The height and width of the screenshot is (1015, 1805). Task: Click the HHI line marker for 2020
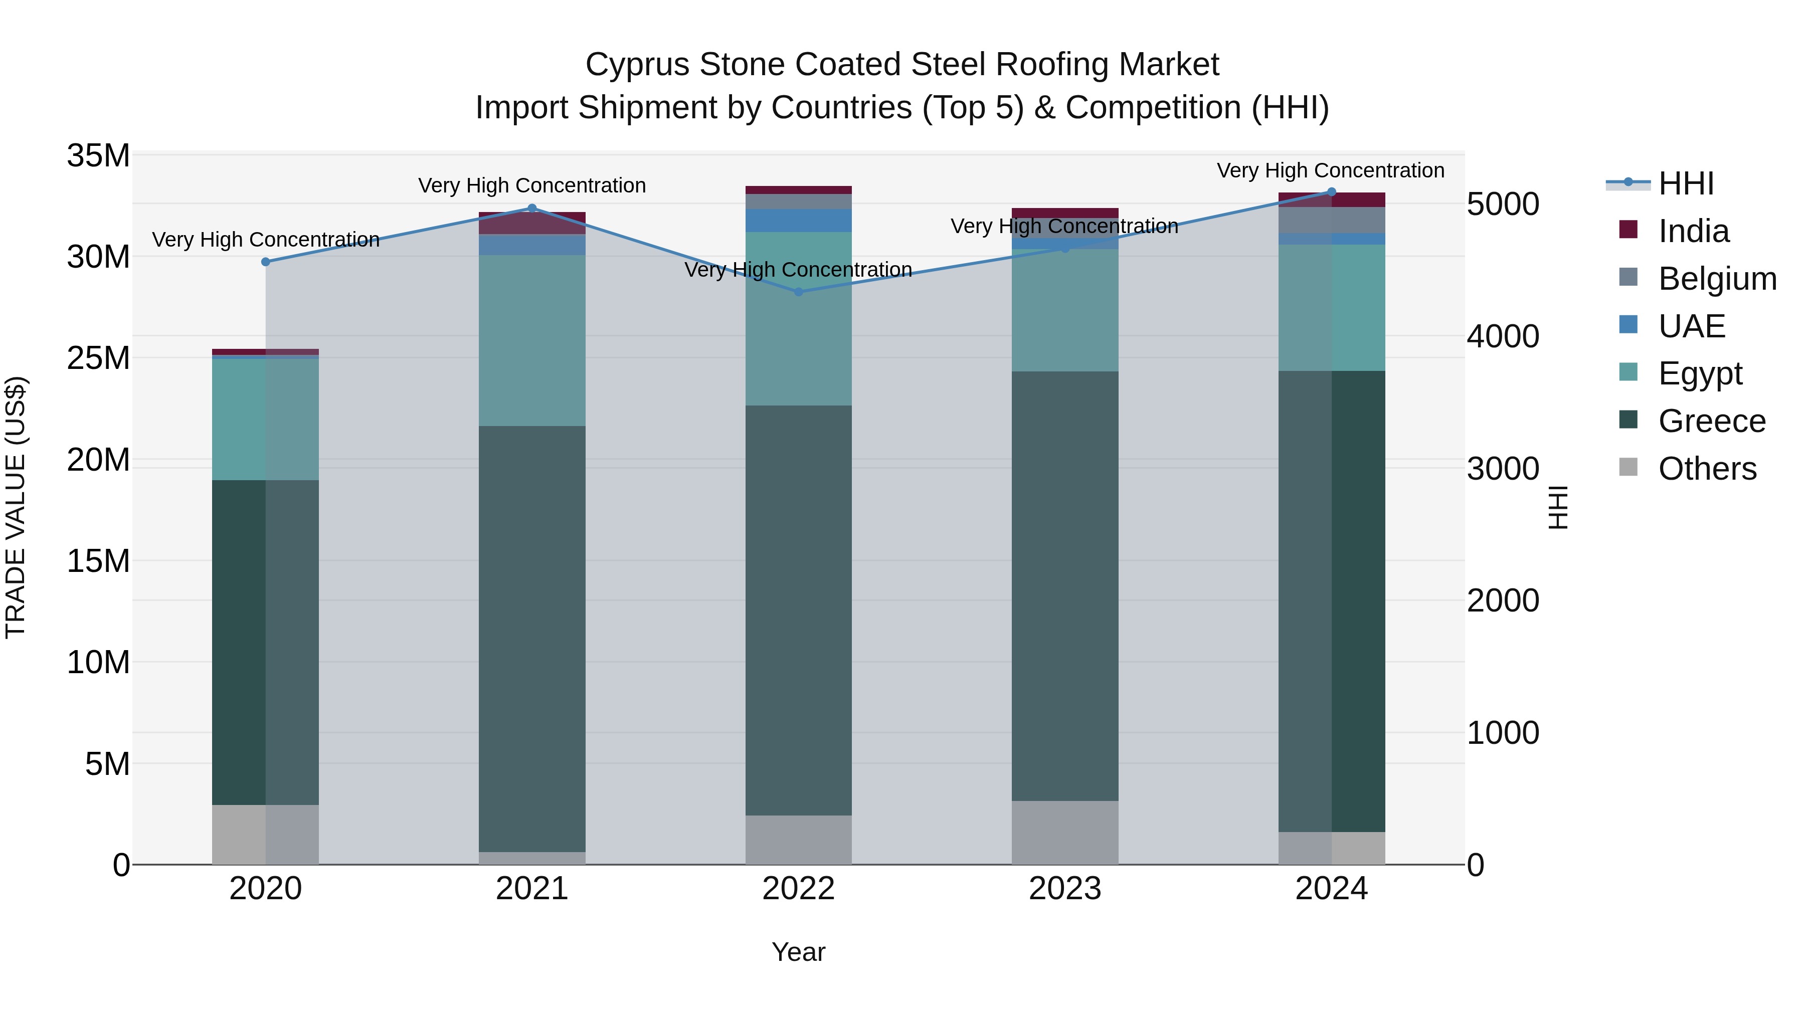tap(266, 262)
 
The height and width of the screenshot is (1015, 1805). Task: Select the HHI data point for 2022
tap(799, 291)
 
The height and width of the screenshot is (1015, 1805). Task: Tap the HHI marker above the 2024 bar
tap(1331, 192)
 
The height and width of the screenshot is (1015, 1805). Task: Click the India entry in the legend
tap(1693, 231)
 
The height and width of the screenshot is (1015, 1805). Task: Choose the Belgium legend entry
tap(1717, 279)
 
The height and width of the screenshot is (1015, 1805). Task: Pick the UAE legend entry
tap(1692, 326)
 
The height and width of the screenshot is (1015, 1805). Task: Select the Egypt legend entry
tap(1700, 373)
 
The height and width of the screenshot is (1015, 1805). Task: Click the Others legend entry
tap(1707, 469)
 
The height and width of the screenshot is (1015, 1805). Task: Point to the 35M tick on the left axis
tap(98, 155)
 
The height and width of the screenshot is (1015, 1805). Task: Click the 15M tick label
tap(98, 561)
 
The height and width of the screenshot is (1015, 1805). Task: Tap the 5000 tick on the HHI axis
tap(1503, 205)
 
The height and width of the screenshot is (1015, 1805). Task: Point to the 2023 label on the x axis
tap(1065, 889)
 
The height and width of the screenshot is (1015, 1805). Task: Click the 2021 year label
tap(532, 889)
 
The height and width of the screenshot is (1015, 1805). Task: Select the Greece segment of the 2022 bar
tap(799, 610)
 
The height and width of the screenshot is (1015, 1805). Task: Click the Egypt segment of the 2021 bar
tap(532, 340)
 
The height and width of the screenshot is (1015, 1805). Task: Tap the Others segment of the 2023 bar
tap(1065, 832)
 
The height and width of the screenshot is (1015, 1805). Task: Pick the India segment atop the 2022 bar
tap(799, 190)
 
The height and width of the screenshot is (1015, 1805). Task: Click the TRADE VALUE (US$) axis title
tap(16, 507)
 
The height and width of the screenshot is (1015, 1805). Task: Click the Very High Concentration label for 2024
tap(1331, 170)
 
